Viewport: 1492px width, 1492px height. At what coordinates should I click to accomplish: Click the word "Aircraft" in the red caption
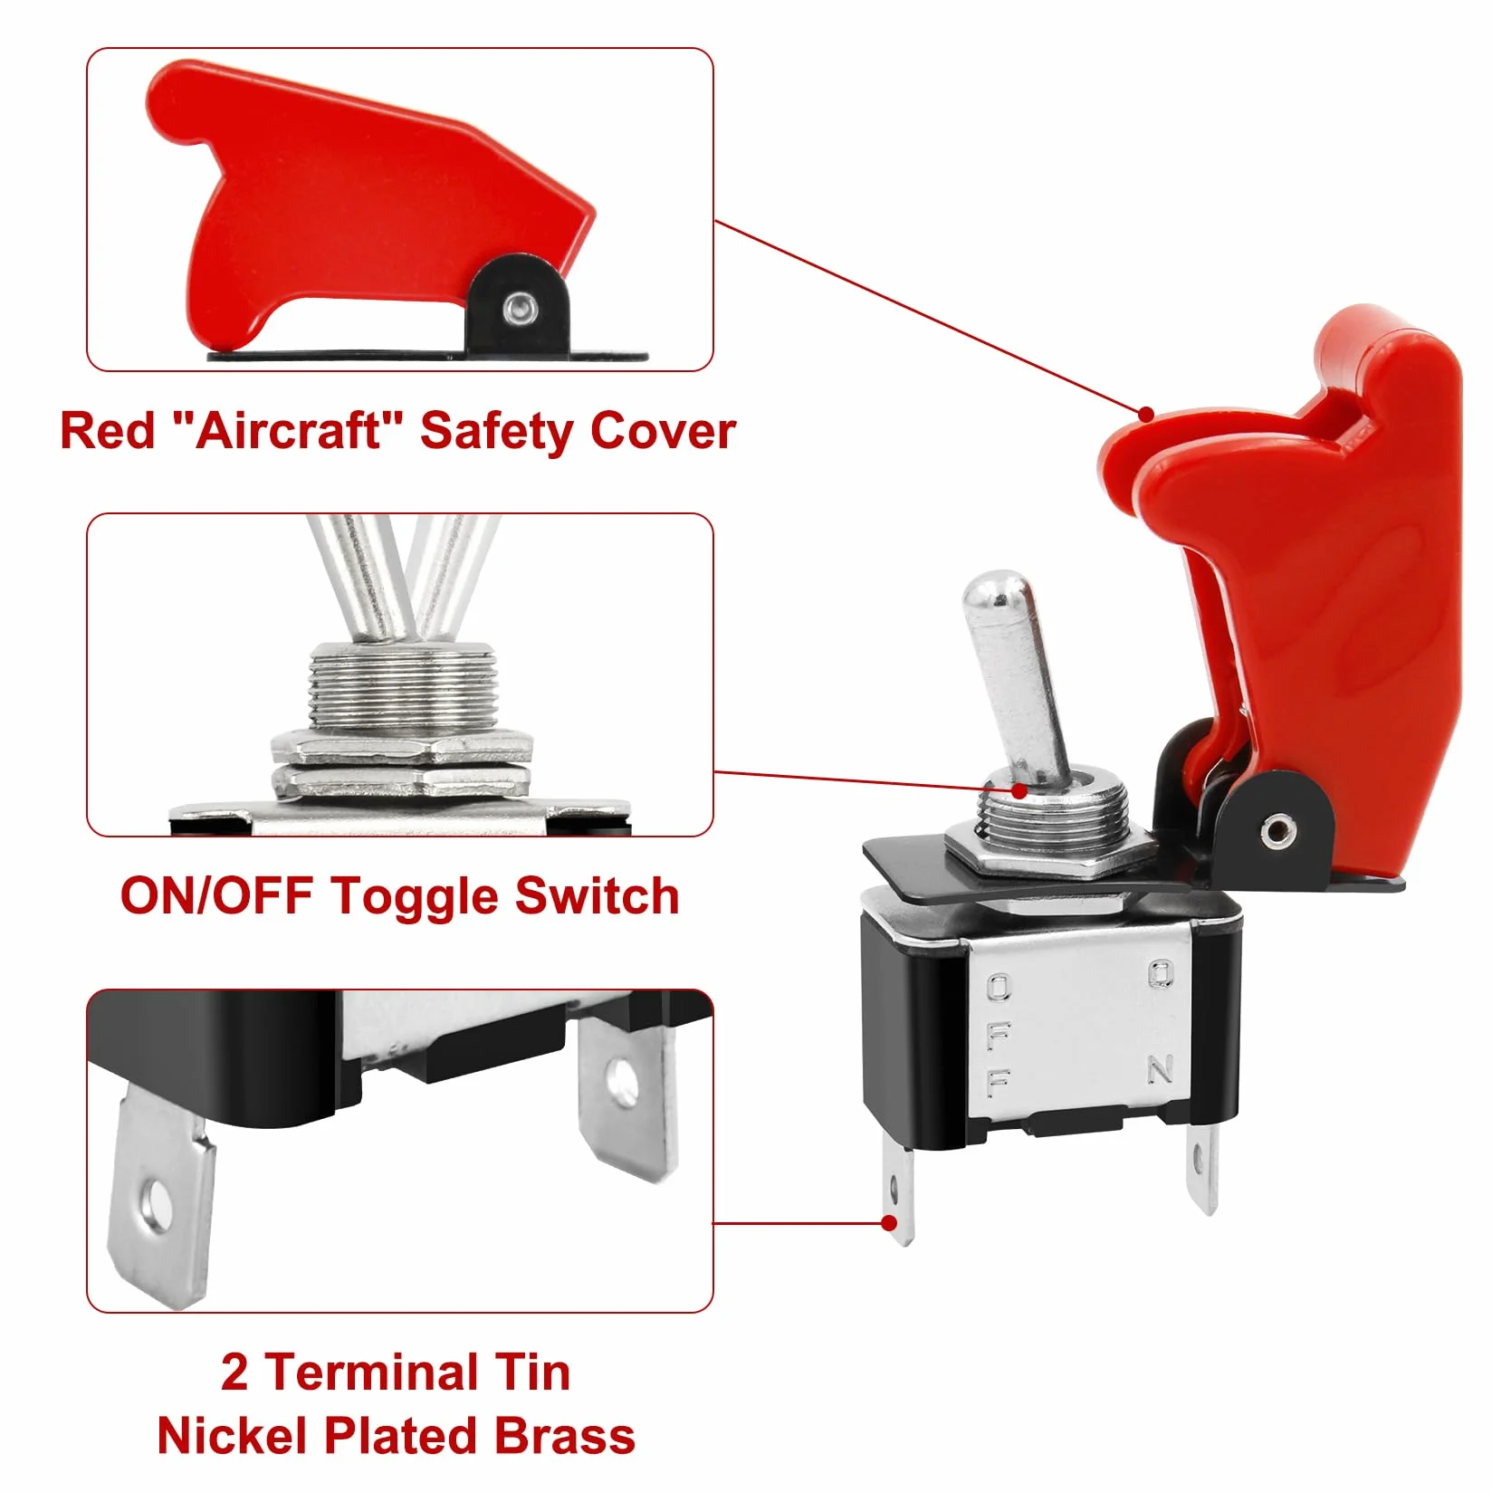tap(288, 431)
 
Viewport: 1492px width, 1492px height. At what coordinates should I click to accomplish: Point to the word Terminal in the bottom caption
tap(375, 1372)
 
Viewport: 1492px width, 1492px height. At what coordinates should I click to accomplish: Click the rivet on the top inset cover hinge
tap(519, 307)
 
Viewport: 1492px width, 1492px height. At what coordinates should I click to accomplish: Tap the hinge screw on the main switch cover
tap(1277, 827)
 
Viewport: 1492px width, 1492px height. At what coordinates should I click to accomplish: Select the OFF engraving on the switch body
tap(999, 1035)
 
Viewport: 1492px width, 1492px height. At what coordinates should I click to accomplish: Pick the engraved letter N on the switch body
tap(1161, 1069)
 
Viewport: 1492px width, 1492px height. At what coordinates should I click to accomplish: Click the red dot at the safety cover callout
tap(1146, 415)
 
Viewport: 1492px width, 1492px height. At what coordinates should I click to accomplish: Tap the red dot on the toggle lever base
tap(1020, 790)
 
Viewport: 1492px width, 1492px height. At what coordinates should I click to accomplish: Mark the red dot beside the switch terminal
tap(889, 1224)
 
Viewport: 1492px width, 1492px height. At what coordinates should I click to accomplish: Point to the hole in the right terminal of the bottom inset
tap(621, 1079)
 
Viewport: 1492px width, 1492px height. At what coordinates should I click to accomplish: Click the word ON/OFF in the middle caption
tap(216, 896)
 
